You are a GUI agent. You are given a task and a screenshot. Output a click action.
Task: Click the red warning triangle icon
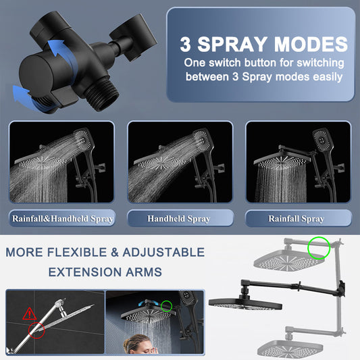tap(30, 314)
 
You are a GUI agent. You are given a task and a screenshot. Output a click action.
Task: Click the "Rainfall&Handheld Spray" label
tap(62, 219)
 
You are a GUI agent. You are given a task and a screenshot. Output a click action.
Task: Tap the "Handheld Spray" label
tap(178, 219)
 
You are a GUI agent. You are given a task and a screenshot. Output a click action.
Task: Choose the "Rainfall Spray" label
tap(297, 219)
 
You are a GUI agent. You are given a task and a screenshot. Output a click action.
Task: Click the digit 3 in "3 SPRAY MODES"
tap(186, 44)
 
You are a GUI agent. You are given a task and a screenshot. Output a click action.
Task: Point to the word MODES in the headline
tap(311, 44)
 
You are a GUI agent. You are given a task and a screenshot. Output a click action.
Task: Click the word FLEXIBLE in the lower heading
tap(77, 253)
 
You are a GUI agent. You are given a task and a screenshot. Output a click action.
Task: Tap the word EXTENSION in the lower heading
tap(84, 272)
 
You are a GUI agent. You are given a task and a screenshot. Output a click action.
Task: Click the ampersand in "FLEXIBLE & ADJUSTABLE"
tap(115, 253)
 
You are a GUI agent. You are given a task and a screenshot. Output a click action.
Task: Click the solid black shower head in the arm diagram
tap(245, 303)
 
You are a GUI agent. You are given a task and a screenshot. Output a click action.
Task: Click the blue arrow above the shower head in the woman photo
tap(148, 303)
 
